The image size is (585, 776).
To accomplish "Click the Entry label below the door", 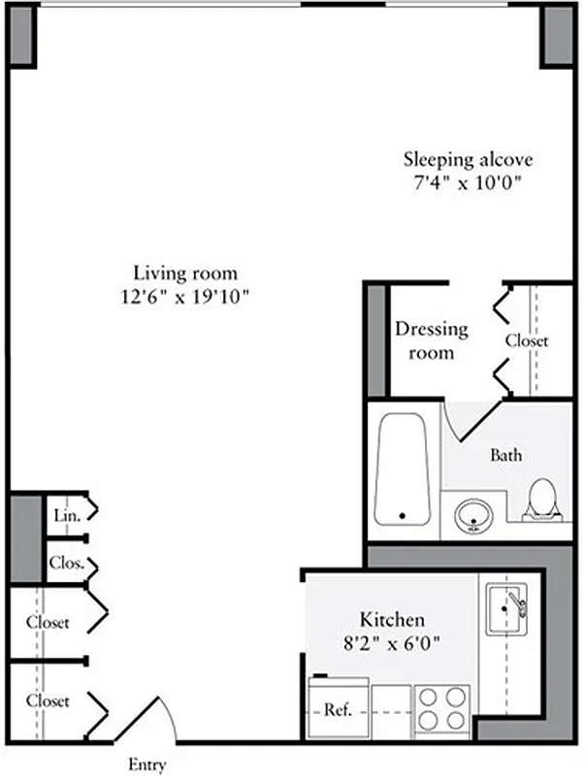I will [147, 764].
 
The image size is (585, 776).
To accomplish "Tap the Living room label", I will [185, 273].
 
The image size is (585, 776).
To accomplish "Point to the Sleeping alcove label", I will [469, 158].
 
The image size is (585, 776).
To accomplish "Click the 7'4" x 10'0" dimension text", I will [469, 182].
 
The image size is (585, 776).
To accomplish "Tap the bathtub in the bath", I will [403, 469].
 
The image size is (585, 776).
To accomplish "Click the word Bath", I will [506, 454].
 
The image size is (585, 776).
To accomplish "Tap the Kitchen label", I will [392, 619].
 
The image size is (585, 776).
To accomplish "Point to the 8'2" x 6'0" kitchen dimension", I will [392, 641].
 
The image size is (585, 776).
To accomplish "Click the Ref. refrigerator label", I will [337, 710].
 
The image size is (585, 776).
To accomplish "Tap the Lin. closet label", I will [66, 515].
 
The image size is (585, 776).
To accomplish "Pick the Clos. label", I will [66, 563].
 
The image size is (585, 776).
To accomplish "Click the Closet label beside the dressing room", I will [527, 340].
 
